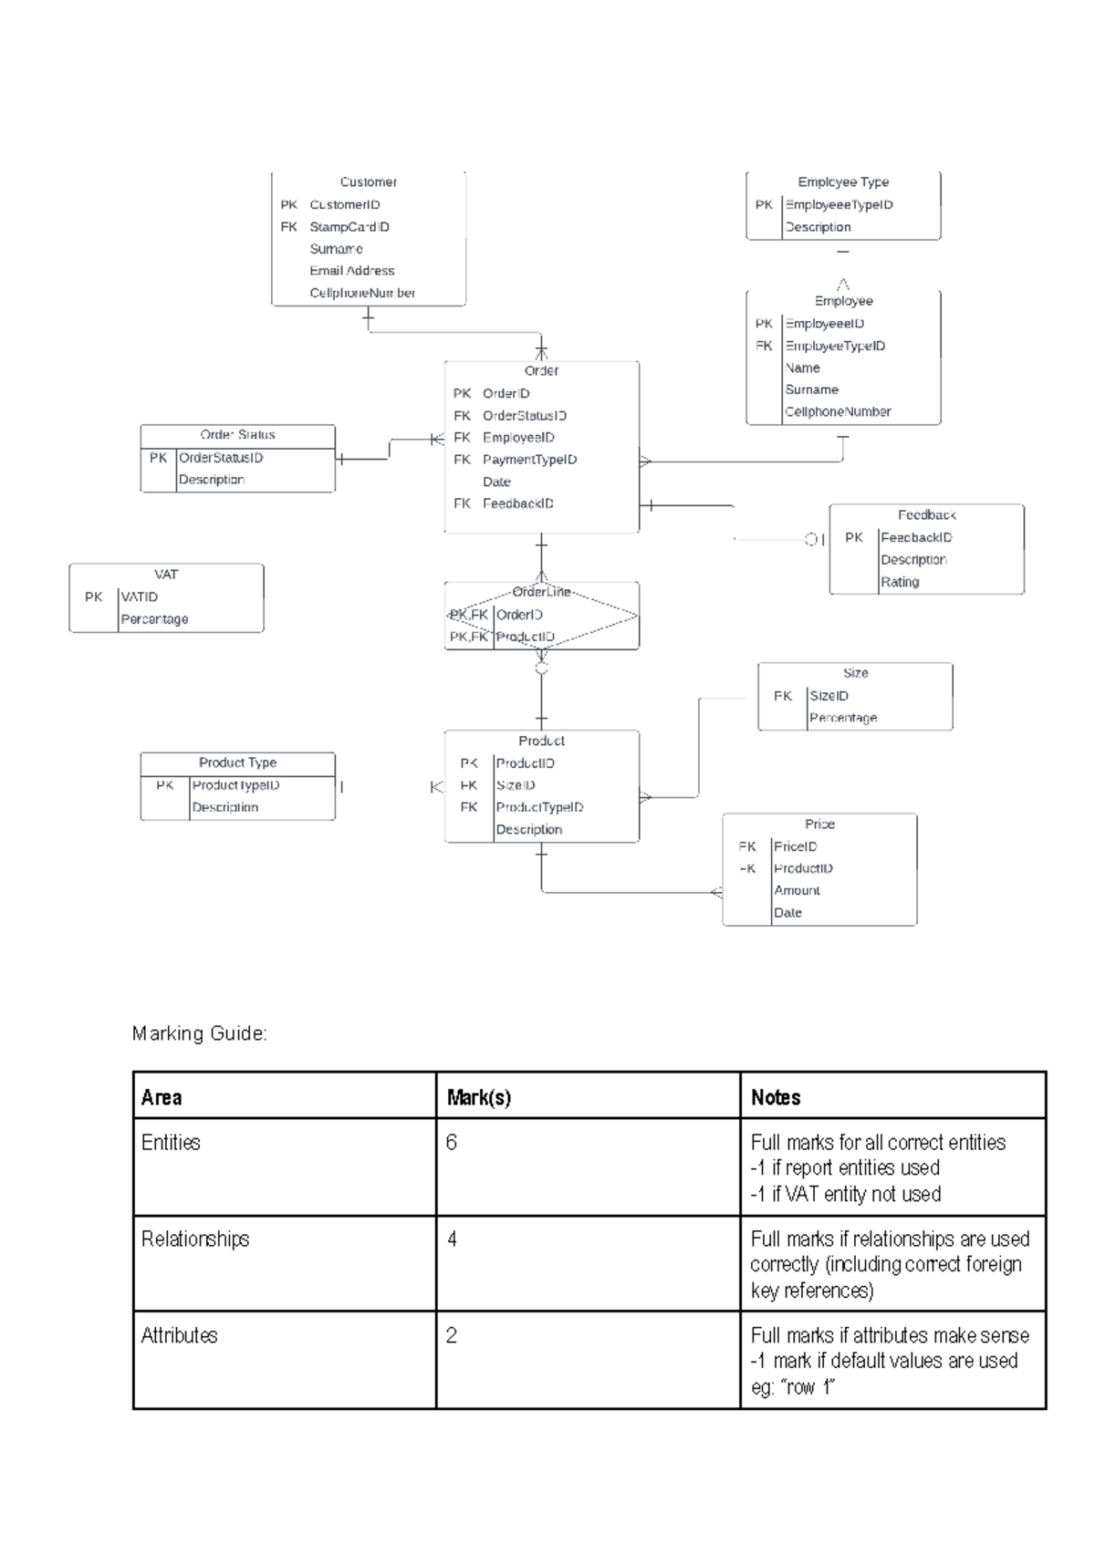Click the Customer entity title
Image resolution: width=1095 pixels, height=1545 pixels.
368,182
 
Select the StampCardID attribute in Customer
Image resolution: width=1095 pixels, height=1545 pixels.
349,227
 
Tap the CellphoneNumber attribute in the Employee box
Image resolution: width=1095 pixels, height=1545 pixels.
838,412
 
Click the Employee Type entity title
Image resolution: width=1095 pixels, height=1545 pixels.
843,182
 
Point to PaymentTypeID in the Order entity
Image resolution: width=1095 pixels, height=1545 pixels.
529,460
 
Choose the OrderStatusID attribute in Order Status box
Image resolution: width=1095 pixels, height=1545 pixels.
221,458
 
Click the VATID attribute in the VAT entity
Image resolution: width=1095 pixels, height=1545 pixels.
140,597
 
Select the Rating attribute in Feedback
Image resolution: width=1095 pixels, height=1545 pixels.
900,582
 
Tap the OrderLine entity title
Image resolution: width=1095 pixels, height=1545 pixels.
541,592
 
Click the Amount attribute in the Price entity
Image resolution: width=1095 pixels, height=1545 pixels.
797,891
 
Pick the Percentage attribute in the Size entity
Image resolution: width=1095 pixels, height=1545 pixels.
842,718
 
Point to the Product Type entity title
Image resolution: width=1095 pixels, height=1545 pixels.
237,762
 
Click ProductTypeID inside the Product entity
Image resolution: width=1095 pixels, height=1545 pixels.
539,807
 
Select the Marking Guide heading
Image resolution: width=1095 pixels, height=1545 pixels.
199,1033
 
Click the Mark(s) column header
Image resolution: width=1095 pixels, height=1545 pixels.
478,1098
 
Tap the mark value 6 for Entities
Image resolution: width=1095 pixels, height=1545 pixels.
451,1143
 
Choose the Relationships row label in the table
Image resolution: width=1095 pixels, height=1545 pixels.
194,1239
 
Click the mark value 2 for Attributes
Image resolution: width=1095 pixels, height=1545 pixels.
451,1336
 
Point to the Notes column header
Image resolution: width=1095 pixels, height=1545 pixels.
775,1098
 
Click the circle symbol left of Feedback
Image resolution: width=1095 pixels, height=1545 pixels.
810,540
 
